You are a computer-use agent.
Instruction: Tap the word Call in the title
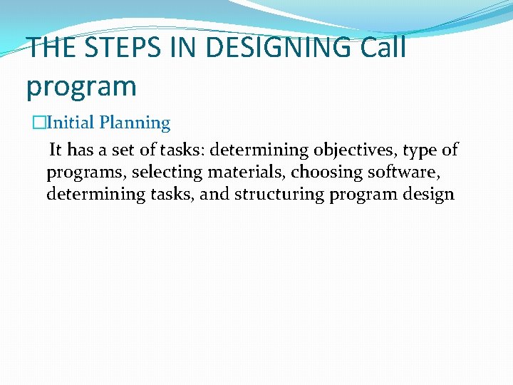click(383, 48)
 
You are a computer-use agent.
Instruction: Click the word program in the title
click(81, 86)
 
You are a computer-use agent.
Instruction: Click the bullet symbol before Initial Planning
click(38, 123)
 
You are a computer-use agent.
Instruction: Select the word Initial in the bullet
click(70, 123)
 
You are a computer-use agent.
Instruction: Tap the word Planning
click(135, 123)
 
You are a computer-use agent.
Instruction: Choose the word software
click(408, 173)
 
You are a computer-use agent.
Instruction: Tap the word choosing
click(324, 173)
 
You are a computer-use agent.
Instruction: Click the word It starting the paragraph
click(55, 150)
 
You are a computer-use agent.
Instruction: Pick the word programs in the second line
click(86, 173)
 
